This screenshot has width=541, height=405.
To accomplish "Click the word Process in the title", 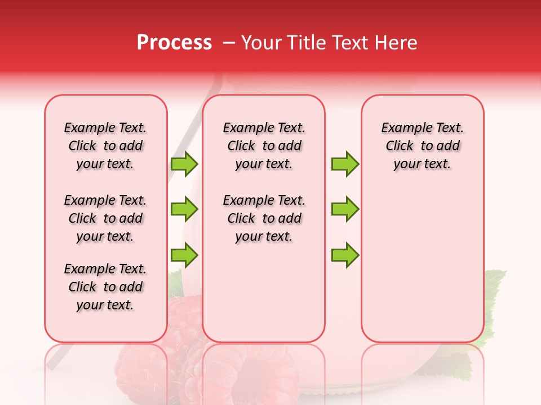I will click(174, 43).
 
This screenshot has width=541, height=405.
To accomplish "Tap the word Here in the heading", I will click(396, 43).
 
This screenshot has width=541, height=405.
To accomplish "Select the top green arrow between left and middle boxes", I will click(184, 164).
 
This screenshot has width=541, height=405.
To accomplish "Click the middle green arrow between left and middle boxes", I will click(184, 210).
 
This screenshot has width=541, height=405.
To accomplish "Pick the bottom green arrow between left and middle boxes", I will click(184, 255).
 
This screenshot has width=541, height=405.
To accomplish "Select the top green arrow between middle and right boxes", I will click(345, 164).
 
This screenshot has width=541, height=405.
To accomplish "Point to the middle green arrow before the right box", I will click(345, 210).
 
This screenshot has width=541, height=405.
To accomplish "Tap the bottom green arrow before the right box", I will click(345, 255).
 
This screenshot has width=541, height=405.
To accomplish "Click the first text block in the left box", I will click(105, 146).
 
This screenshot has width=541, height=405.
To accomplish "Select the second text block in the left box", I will click(105, 218).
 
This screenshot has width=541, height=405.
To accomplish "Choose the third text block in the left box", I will click(105, 287).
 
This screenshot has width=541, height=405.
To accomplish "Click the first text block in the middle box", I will click(264, 146).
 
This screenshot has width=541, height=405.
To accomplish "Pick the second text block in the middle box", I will click(264, 218).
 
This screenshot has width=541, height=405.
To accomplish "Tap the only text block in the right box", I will click(422, 146).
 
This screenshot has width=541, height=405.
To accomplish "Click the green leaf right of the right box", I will click(494, 292).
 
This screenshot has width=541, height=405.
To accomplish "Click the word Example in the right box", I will click(402, 128).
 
